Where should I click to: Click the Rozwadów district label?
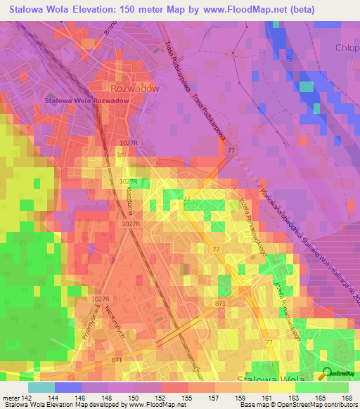135,89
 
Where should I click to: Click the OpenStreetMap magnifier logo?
328,374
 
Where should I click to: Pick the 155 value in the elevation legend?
187,398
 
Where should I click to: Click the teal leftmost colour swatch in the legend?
41,387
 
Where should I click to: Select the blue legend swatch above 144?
67,387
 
